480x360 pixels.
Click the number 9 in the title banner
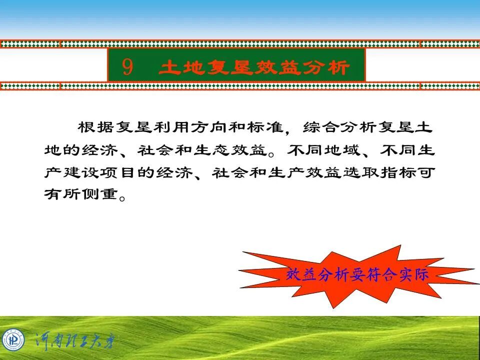pos(127,66)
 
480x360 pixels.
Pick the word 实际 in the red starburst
pos(413,274)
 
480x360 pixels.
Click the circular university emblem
pos(13,340)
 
